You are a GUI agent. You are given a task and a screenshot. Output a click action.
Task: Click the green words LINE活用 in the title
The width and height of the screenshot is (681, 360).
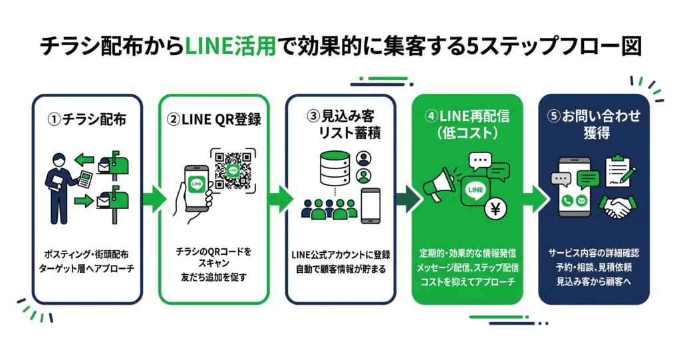(229, 47)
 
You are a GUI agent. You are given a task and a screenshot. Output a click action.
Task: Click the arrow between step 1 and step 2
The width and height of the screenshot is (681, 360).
(154, 198)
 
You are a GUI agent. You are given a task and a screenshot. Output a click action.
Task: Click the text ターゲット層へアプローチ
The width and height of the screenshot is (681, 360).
(88, 270)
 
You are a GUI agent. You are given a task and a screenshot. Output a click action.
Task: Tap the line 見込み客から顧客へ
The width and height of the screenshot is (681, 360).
(595, 282)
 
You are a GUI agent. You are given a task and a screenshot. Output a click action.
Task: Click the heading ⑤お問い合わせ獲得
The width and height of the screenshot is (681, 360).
(595, 124)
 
